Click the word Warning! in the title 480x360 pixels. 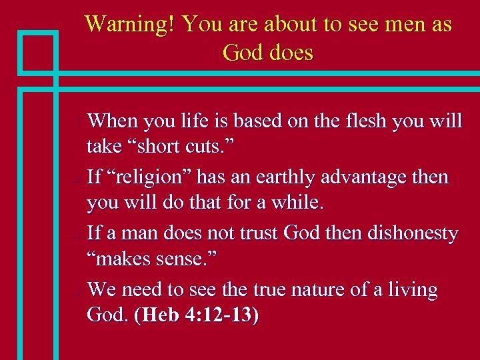131,25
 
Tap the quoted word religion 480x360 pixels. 156,177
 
